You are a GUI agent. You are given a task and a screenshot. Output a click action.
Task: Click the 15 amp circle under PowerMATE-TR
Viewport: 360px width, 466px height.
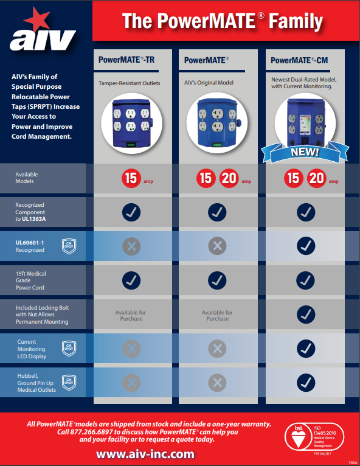coord(131,179)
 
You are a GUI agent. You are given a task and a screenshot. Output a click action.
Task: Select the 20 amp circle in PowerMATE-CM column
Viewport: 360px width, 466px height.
coord(317,179)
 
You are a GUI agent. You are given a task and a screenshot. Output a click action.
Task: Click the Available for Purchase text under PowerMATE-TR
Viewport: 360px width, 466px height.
coord(131,315)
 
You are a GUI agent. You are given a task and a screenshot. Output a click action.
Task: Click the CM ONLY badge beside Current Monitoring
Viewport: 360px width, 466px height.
coord(69,348)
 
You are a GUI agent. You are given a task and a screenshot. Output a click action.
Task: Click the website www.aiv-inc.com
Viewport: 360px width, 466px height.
coord(145,454)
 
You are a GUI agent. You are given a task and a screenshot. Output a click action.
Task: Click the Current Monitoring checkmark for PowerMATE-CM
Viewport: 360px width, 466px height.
coord(305,348)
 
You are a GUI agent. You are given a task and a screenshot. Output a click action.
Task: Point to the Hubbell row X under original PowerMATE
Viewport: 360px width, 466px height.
coord(218,383)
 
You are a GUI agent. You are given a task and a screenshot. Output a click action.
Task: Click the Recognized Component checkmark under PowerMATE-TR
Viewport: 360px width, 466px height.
coord(131,212)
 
